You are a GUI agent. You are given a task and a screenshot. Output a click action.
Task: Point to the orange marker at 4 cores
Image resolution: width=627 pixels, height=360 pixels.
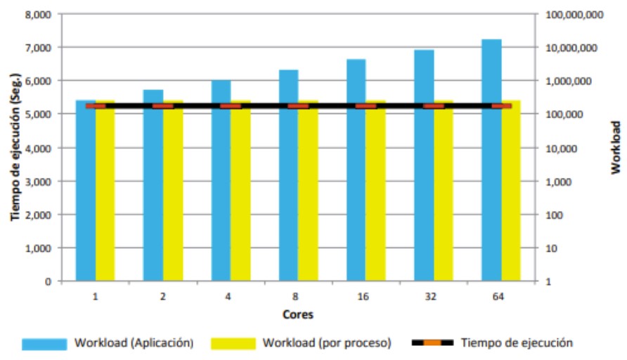231,106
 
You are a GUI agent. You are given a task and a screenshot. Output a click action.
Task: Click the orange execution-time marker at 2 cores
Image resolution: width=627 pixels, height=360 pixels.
163,106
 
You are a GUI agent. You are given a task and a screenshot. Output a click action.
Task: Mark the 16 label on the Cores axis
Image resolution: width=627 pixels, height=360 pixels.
363,297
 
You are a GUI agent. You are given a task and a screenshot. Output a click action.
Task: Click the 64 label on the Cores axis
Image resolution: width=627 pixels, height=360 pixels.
498,297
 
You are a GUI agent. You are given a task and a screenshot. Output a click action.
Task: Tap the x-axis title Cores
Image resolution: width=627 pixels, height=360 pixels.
298,314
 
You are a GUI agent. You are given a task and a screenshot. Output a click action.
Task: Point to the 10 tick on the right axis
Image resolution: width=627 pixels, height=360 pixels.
550,248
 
